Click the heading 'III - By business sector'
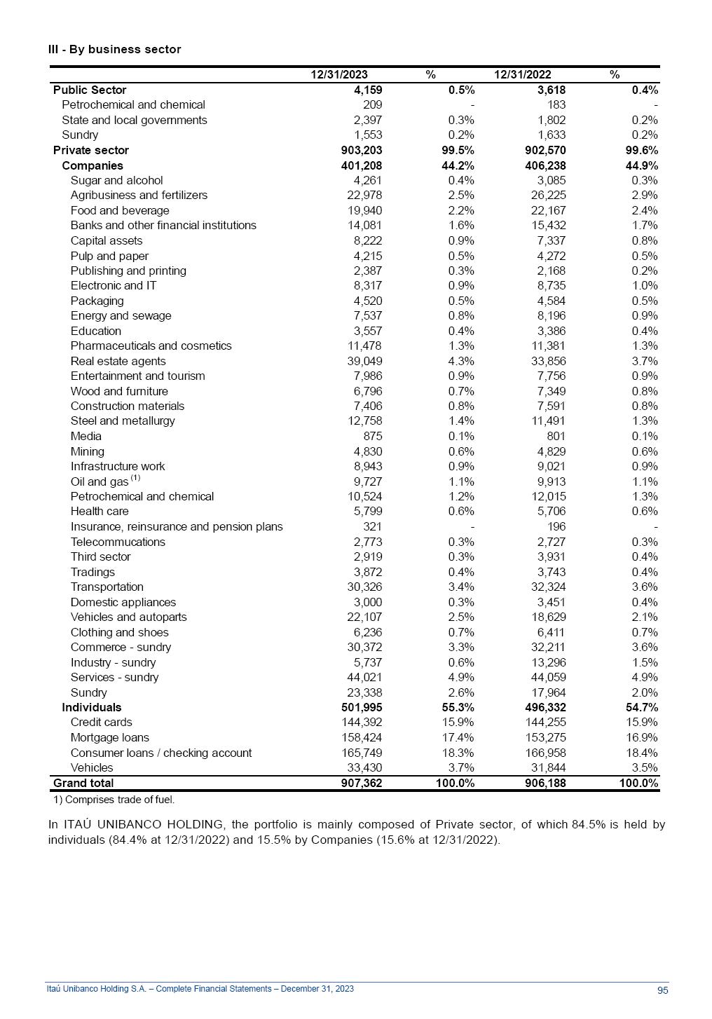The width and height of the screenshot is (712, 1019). (114, 49)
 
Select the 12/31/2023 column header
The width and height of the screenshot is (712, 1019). (339, 74)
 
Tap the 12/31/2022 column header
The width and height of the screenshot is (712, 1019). (522, 74)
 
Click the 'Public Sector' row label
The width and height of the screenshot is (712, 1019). (90, 90)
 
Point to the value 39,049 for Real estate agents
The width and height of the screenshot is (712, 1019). (364, 361)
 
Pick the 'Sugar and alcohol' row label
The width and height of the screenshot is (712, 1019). (116, 180)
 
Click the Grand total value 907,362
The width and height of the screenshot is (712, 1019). (362, 783)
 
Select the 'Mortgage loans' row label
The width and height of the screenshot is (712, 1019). (109, 737)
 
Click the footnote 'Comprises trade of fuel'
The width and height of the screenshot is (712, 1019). (114, 800)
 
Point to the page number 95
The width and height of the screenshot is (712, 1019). (662, 990)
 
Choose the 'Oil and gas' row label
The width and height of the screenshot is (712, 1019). (100, 481)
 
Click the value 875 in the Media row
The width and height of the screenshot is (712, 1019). (372, 436)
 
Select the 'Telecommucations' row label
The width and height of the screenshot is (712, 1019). (118, 542)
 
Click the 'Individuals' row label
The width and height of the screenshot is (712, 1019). (91, 707)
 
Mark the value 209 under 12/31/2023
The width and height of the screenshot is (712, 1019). (372, 104)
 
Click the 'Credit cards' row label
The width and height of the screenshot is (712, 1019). (101, 722)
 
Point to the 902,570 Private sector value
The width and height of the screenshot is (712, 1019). (545, 150)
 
